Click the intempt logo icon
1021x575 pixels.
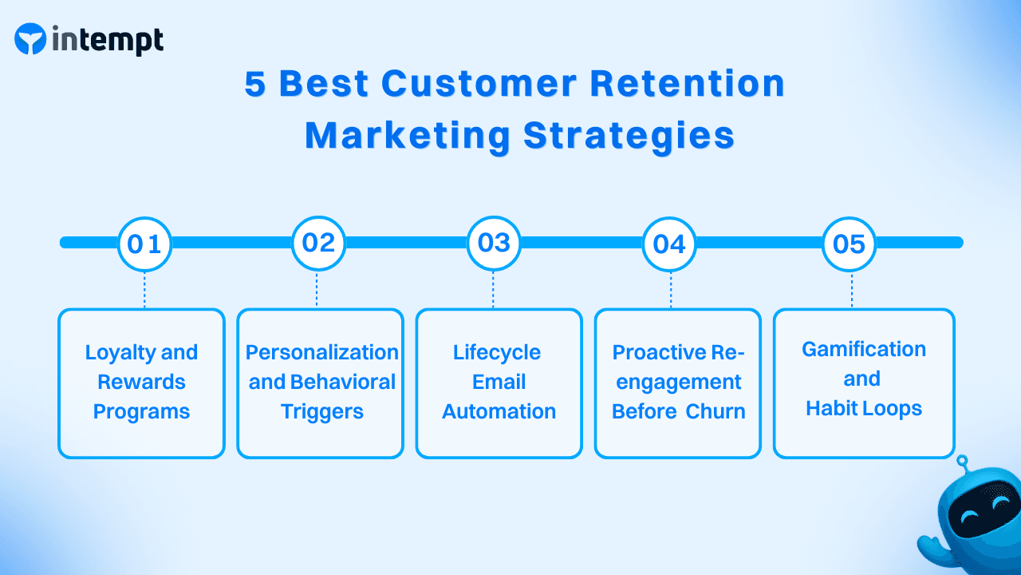pyautogui.click(x=30, y=39)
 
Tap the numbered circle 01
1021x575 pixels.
pyautogui.click(x=144, y=243)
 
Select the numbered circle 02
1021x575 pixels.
pyautogui.click(x=318, y=242)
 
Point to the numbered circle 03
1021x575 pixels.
pyautogui.click(x=494, y=242)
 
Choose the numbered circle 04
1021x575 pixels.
pyautogui.click(x=669, y=243)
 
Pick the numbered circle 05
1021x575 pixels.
pyautogui.click(x=849, y=243)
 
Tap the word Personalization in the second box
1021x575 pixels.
pyautogui.click(x=321, y=352)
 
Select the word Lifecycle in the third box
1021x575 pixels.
pyautogui.click(x=497, y=352)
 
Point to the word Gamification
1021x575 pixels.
pyautogui.click(x=863, y=349)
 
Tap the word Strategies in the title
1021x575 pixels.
pyautogui.click(x=629, y=136)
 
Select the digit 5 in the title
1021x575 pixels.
pyautogui.click(x=254, y=84)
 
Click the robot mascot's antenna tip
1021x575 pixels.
pyautogui.click(x=962, y=461)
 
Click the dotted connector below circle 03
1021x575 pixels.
pyautogui.click(x=494, y=289)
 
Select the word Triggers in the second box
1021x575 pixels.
pyautogui.click(x=321, y=411)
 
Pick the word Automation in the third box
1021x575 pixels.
pyautogui.click(x=499, y=411)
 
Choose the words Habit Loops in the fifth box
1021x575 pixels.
pyautogui.click(x=863, y=408)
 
